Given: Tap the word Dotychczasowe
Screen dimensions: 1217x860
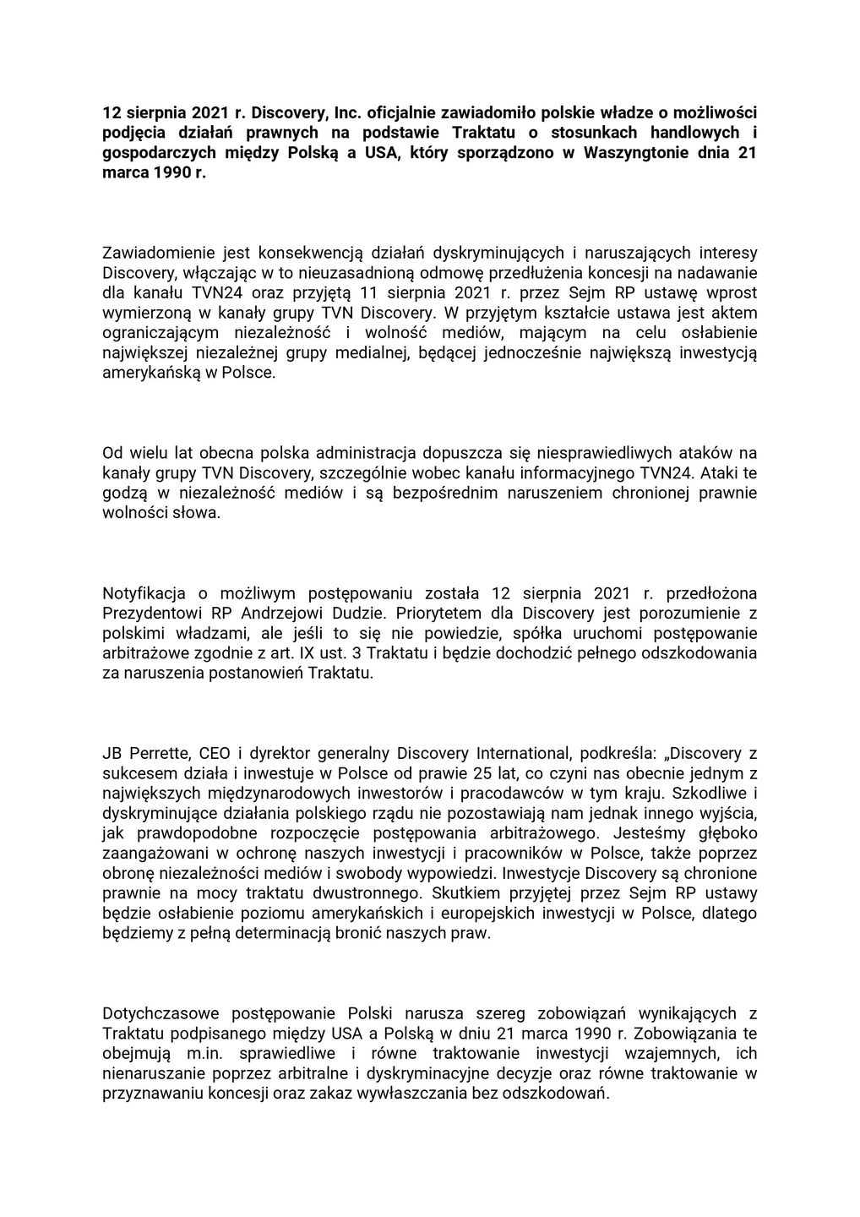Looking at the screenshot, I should [x=155, y=1013].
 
